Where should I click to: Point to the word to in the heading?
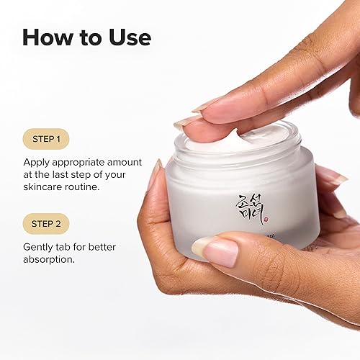[91, 37]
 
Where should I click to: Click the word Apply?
[37, 162]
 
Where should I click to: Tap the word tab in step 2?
[70, 247]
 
